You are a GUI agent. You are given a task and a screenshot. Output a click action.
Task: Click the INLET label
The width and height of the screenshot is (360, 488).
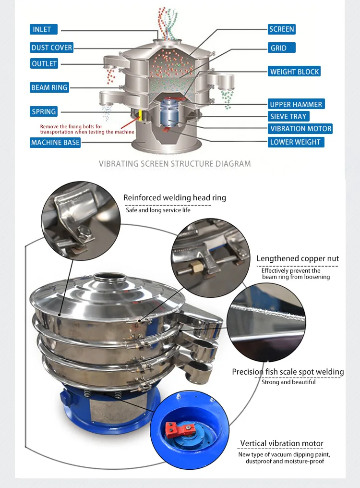pyautogui.click(x=44, y=29)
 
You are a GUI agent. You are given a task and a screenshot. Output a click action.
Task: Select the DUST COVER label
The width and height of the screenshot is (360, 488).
pyautogui.click(x=52, y=47)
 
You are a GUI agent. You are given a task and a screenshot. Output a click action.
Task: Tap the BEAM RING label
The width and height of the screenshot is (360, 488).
pyautogui.click(x=49, y=87)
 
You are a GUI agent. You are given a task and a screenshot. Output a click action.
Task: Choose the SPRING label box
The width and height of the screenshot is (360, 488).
pyautogui.click(x=44, y=111)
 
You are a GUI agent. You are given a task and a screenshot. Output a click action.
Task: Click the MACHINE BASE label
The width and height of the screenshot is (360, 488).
pyautogui.click(x=55, y=143)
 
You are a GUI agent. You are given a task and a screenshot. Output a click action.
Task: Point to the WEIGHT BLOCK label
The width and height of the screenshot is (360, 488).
pyautogui.click(x=294, y=72)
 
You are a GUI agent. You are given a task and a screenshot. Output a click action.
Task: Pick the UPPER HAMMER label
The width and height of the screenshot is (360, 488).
pyautogui.click(x=296, y=104)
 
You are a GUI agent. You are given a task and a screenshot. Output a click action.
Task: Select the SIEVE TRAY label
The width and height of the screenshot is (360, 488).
pyautogui.click(x=288, y=116)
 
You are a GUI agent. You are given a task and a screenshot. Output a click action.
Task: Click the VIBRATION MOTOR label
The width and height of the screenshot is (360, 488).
pyautogui.click(x=300, y=129)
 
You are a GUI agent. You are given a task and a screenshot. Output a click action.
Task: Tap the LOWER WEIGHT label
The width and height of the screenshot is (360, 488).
pyautogui.click(x=296, y=142)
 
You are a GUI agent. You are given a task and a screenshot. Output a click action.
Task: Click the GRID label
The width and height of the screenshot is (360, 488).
pyautogui.click(x=282, y=48)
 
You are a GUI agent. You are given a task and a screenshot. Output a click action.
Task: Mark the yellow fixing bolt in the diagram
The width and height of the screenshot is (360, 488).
pyautogui.click(x=140, y=115)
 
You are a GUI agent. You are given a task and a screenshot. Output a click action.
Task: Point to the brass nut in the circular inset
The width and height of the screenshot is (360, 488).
pyautogui.click(x=196, y=267)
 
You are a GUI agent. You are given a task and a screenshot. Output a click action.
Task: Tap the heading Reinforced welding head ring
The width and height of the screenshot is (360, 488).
pyautogui.click(x=175, y=197)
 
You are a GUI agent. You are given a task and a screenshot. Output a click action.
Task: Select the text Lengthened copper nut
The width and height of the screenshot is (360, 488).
pyautogui.click(x=298, y=258)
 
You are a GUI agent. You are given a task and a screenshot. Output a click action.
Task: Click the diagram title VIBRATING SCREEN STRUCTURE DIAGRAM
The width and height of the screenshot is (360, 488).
pyautogui.click(x=175, y=164)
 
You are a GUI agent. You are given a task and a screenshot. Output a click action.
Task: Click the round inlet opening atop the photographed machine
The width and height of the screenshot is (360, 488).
pyautogui.click(x=110, y=277)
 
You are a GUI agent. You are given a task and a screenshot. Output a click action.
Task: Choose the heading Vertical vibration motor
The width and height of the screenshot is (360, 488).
pyautogui.click(x=282, y=443)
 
